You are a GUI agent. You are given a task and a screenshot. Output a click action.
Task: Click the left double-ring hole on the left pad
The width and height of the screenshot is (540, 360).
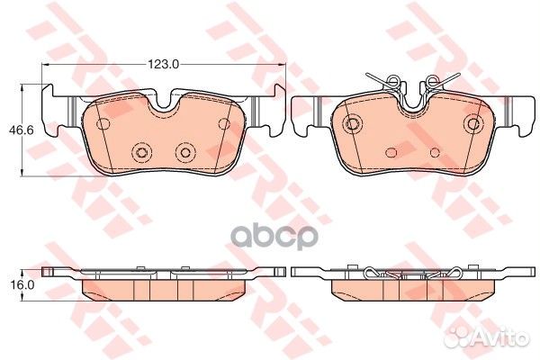click(139, 152)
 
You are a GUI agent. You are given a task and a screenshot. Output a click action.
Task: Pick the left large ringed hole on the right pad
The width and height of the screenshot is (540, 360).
click(354, 123)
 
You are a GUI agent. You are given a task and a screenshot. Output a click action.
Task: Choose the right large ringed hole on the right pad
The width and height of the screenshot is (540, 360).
click(473, 123)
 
